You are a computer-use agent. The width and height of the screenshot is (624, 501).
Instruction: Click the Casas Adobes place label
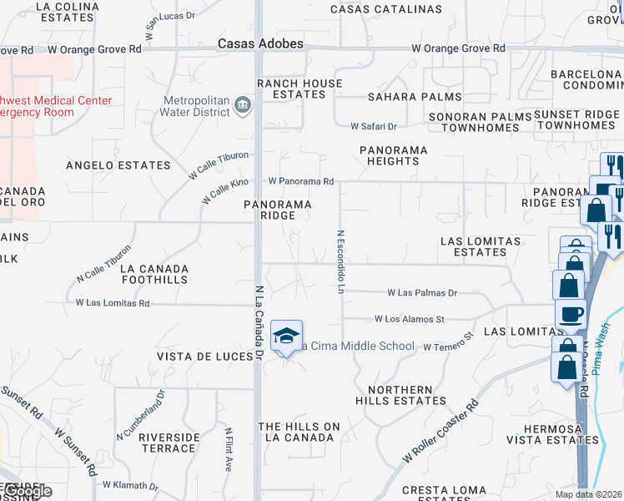pos(260,43)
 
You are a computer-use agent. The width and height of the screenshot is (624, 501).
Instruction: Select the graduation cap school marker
pos(286,336)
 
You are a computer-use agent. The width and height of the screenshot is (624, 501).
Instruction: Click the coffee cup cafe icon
pos(571,314)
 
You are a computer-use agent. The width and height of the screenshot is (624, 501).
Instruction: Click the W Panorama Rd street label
pos(300,181)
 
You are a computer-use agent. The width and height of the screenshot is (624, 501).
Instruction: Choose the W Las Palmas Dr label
pos(422,293)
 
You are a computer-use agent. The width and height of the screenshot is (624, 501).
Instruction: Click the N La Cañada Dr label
pos(259,322)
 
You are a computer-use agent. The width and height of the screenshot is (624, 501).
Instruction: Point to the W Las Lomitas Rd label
pos(113,303)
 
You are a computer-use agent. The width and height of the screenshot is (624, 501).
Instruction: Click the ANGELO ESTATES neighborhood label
pos(118,165)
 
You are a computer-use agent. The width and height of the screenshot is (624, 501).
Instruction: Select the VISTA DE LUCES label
pos(205,357)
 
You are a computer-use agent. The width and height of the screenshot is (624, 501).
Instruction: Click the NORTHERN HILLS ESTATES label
pos(401,395)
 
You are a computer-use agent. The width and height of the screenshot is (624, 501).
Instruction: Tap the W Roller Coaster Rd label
pos(440,430)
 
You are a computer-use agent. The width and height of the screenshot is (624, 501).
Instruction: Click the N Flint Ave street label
pos(228,451)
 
